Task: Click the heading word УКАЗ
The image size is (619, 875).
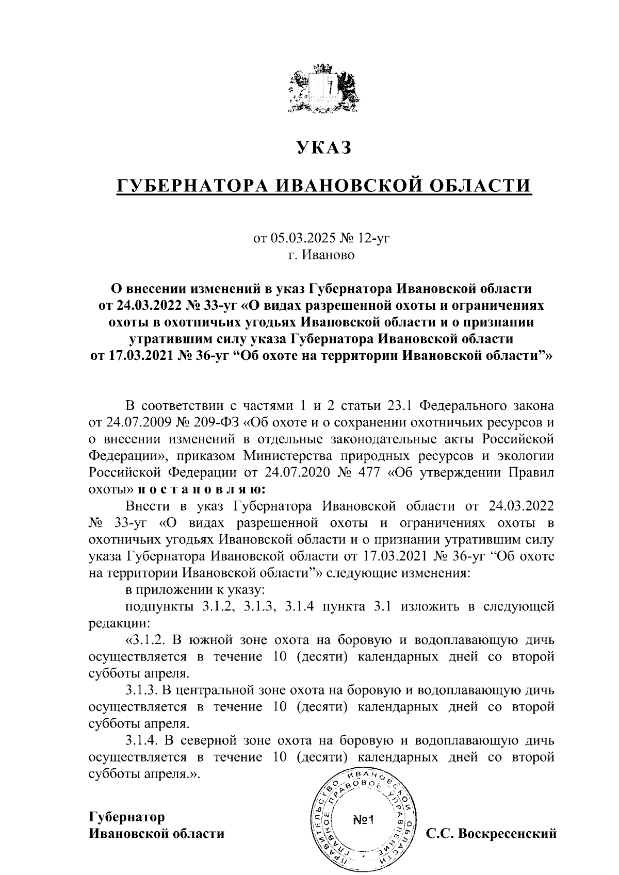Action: coord(323,147)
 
